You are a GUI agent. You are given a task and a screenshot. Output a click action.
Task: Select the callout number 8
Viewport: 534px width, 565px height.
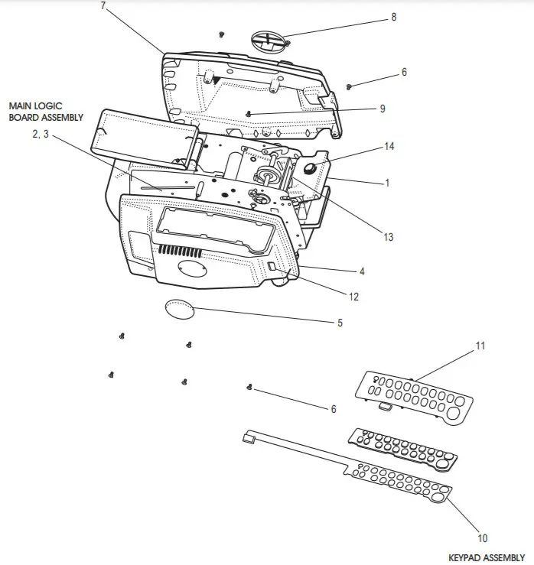coord(393,17)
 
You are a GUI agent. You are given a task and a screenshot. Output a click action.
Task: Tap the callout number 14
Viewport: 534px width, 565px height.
coord(389,146)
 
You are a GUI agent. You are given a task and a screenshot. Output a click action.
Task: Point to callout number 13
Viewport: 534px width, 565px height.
coord(389,237)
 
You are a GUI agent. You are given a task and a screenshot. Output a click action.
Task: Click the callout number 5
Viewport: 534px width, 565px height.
coord(340,323)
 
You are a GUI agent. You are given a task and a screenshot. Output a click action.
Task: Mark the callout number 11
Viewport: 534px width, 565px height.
coord(480,346)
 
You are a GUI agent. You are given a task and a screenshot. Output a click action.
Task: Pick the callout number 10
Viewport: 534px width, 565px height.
coord(482,537)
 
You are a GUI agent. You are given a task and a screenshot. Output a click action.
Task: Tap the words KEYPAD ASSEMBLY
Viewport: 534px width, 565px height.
coord(487,558)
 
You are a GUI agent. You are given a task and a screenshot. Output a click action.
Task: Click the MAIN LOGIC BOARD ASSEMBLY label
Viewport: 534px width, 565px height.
coord(46,112)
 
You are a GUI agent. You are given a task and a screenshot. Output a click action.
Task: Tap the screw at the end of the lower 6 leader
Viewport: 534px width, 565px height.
coord(249,388)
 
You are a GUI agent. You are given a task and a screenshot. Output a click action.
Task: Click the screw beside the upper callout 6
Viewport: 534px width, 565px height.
coord(349,86)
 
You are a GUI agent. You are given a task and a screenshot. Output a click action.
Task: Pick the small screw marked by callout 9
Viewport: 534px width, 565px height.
coord(249,113)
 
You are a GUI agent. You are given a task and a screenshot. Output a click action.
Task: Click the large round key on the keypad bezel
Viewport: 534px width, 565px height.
coord(454,414)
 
